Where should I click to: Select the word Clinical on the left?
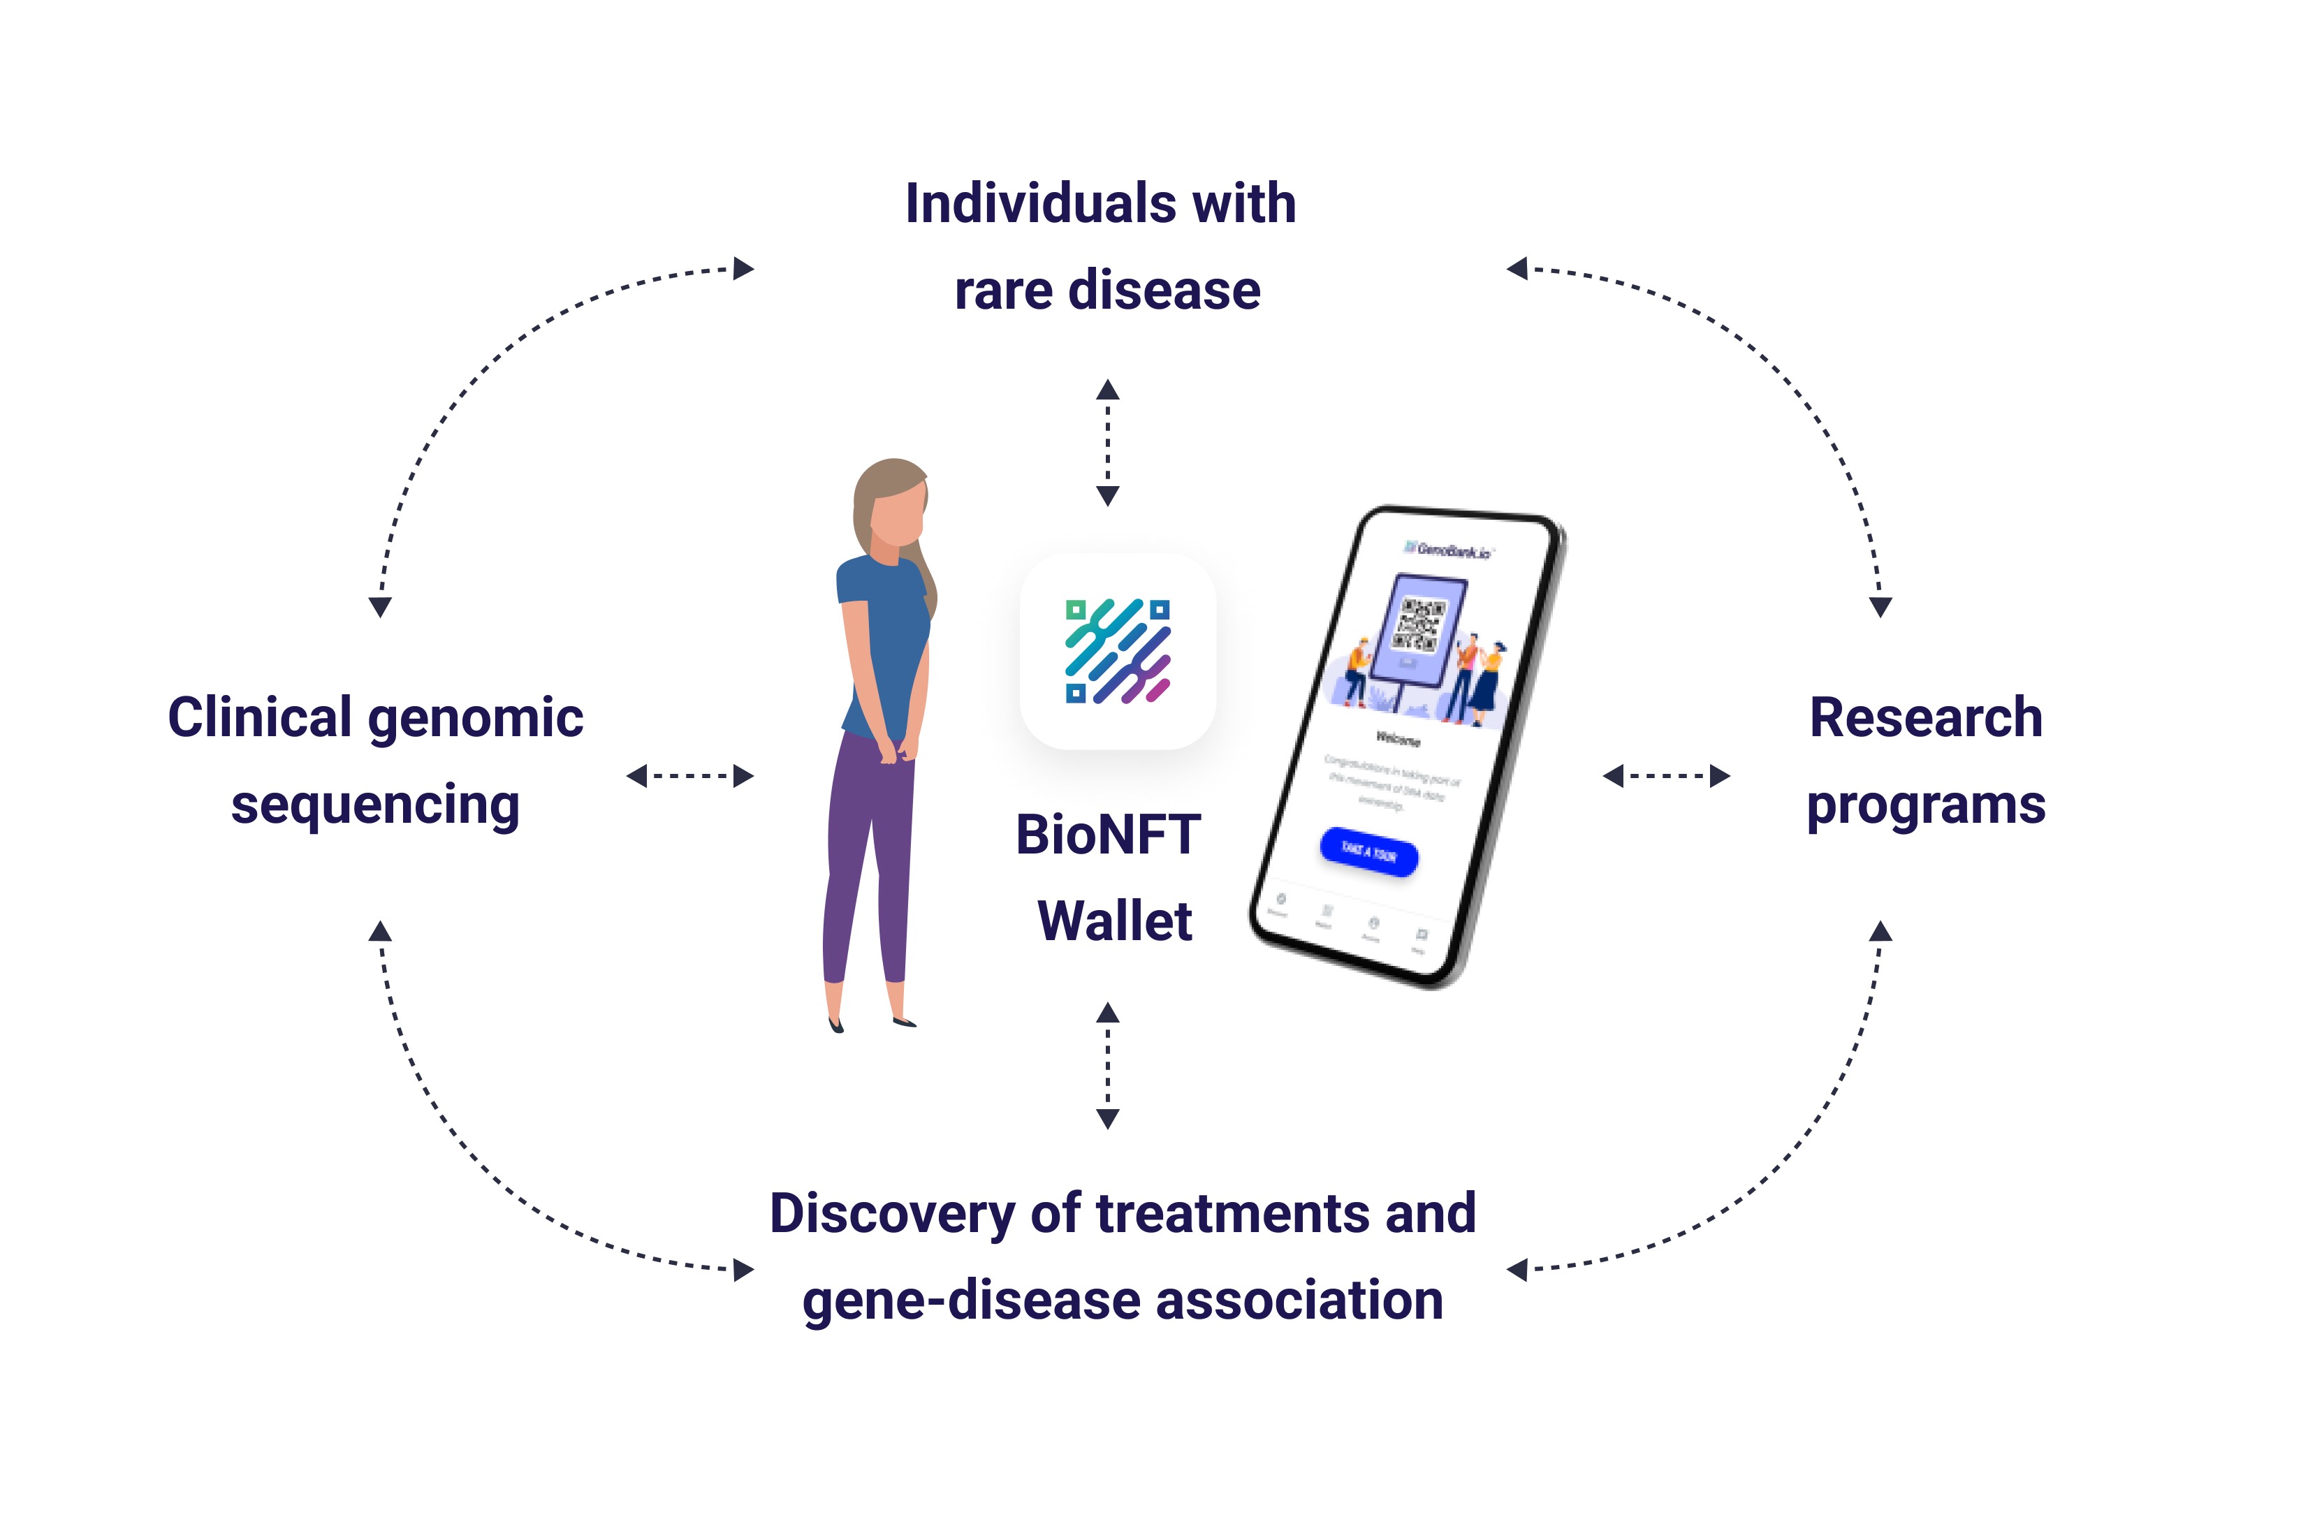(259, 717)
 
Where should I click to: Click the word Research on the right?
(1925, 717)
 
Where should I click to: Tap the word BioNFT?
(1107, 835)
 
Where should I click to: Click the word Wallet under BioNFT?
(1114, 921)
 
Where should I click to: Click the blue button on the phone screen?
(1368, 851)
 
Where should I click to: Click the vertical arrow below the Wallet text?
(1107, 1065)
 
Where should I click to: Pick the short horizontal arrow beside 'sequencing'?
(689, 776)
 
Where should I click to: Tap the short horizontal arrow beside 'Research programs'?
(1665, 776)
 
